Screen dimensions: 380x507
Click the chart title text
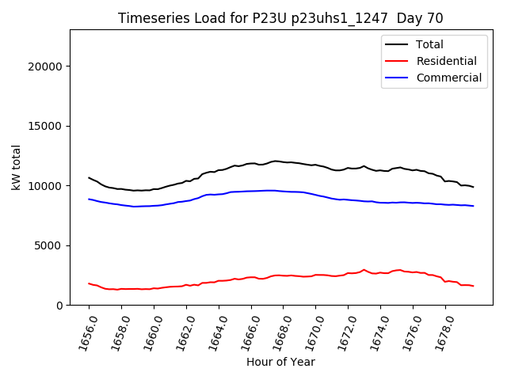(x=280, y=18)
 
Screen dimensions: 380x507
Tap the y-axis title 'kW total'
(x=17, y=167)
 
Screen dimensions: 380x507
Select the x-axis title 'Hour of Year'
(x=280, y=362)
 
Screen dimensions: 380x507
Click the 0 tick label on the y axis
(x=59, y=306)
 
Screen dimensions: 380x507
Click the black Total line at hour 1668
(x=284, y=161)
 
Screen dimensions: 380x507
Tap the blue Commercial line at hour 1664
(x=219, y=194)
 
